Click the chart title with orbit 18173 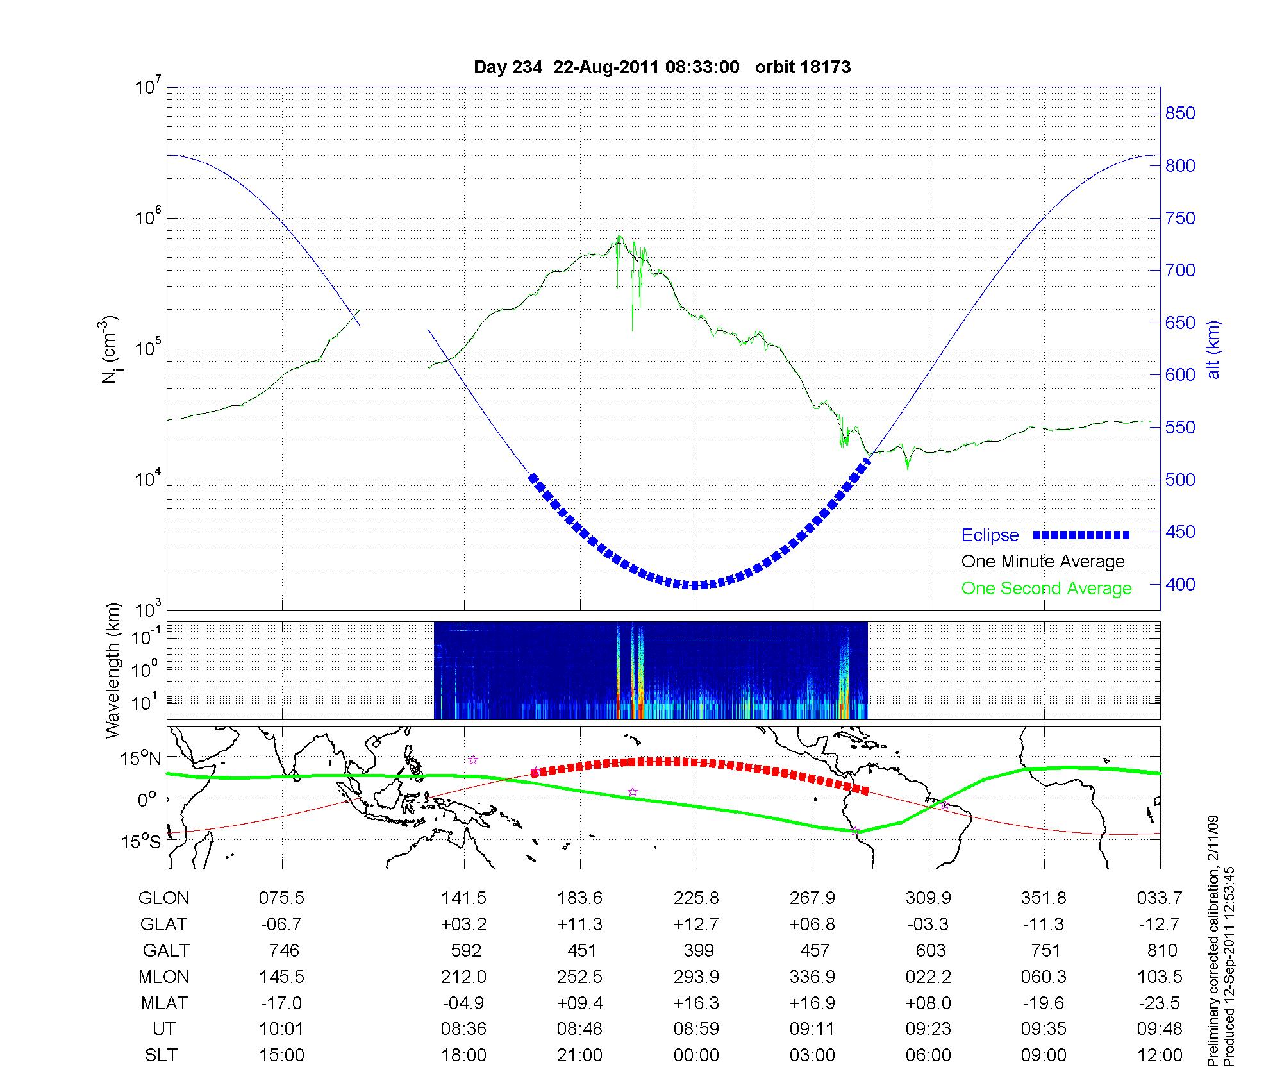662,67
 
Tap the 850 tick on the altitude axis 1179,113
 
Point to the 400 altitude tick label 1179,584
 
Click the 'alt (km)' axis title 1213,349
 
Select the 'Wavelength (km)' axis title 113,670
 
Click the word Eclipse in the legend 990,535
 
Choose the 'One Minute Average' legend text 1043,562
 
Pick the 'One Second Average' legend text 1046,589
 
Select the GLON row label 163,898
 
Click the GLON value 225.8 696,898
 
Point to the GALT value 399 698,950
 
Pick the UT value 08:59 696,1029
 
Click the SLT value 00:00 696,1055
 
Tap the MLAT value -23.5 1159,1003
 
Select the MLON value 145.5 281,977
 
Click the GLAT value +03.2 463,925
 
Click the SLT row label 161,1055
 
